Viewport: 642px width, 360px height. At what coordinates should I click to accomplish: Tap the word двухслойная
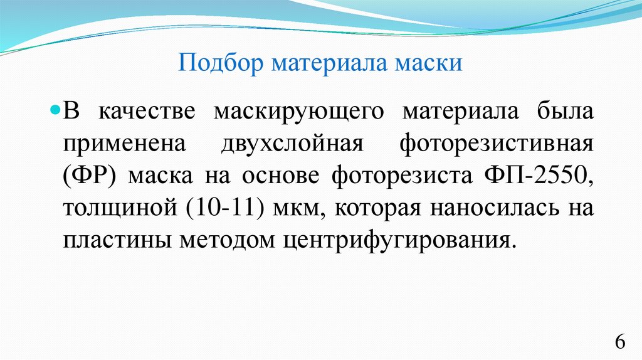(x=292, y=144)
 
